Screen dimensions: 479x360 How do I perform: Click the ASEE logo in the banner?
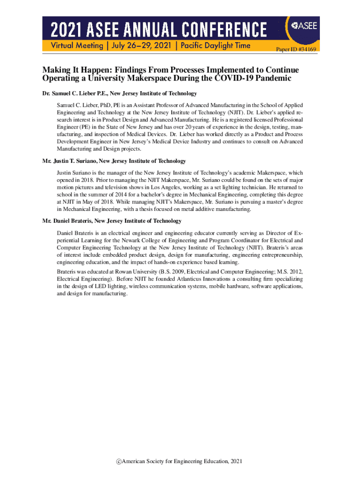(303, 26)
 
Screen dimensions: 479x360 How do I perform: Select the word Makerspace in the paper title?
(140, 78)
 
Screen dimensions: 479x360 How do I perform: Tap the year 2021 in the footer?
(236, 462)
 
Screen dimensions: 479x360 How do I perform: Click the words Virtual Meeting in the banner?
(72, 46)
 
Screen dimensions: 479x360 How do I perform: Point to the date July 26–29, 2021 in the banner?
(140, 46)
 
